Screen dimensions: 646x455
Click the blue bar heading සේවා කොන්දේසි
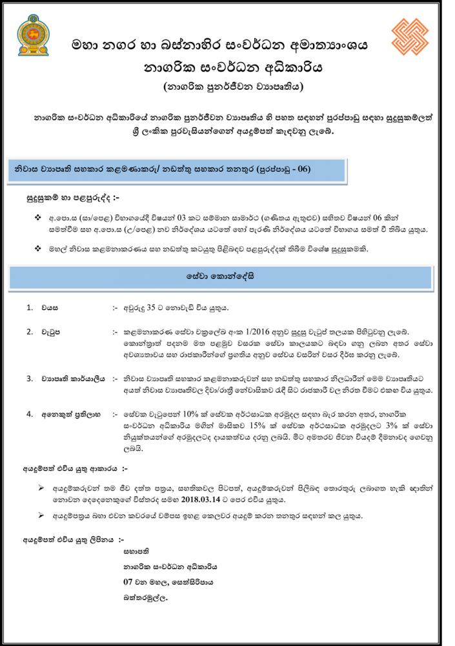pyautogui.click(x=230, y=275)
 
